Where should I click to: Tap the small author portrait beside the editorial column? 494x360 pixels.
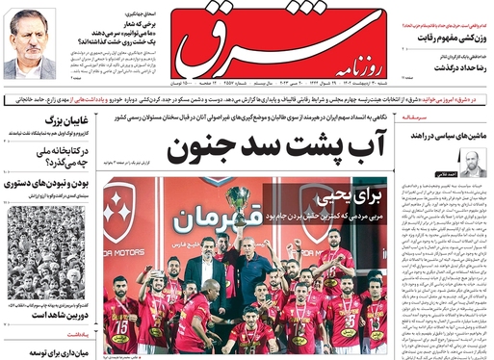[472, 163]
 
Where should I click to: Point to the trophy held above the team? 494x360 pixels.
[237, 199]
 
